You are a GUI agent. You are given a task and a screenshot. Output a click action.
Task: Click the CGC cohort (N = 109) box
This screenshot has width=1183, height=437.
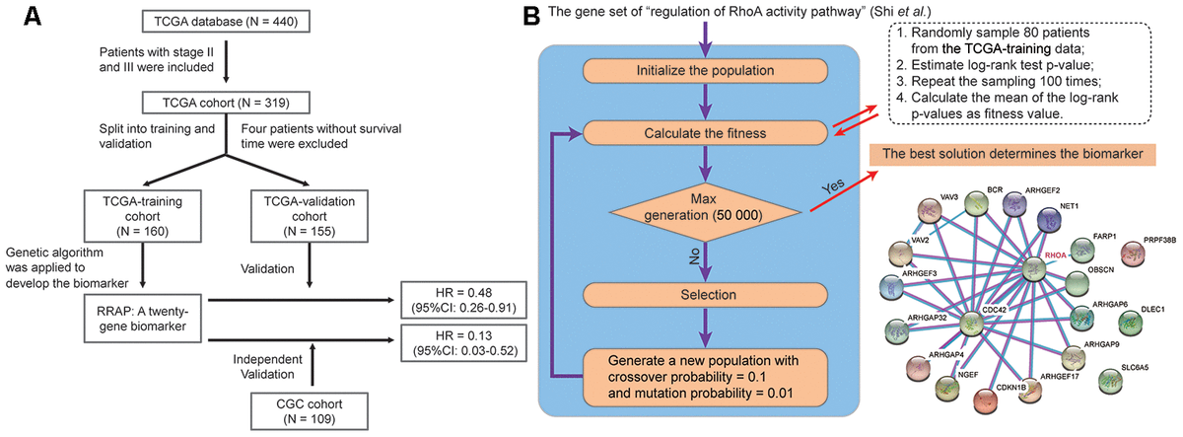tap(313, 406)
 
